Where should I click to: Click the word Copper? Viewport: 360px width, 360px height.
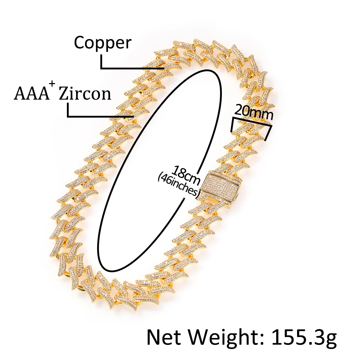tap(102, 43)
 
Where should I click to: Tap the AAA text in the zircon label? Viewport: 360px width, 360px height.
tap(31, 94)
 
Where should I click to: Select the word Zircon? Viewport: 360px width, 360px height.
tap(85, 94)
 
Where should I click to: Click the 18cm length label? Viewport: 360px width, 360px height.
tap(185, 173)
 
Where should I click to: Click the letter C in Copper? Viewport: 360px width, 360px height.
tap(79, 43)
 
